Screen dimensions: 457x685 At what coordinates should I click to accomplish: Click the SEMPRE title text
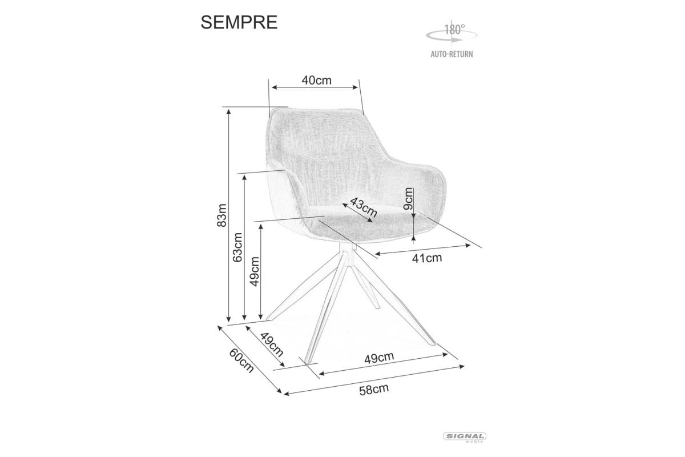(239, 22)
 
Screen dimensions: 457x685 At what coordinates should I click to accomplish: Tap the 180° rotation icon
(452, 33)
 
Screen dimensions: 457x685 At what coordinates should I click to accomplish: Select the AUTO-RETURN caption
(452, 55)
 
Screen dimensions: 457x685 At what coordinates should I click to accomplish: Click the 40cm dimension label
(316, 80)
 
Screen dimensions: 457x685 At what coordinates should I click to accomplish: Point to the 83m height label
(222, 216)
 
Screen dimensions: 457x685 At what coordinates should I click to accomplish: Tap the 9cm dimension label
(408, 200)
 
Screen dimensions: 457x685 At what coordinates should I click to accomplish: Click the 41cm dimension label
(427, 258)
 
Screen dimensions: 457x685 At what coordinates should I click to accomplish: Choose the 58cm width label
(373, 390)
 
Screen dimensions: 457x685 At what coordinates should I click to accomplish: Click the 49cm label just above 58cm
(379, 358)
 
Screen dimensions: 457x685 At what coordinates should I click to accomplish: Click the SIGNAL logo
(465, 436)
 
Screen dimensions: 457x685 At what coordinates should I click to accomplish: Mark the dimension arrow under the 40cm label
(316, 87)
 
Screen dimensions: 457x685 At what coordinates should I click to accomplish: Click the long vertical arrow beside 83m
(229, 216)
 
